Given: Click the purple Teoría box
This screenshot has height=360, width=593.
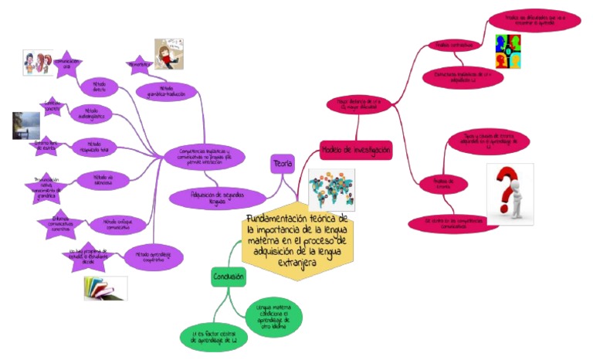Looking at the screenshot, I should (x=283, y=163).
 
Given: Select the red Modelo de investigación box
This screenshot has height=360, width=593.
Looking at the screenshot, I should (x=356, y=149).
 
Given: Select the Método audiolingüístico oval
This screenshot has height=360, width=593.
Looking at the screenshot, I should (x=91, y=114).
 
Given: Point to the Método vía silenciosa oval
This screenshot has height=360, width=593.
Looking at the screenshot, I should (x=99, y=178).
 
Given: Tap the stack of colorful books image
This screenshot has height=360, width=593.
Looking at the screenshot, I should (x=105, y=288).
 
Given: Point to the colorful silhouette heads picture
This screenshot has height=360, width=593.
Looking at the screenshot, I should (x=507, y=51).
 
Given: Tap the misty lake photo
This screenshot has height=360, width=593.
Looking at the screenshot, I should (x=26, y=126).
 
